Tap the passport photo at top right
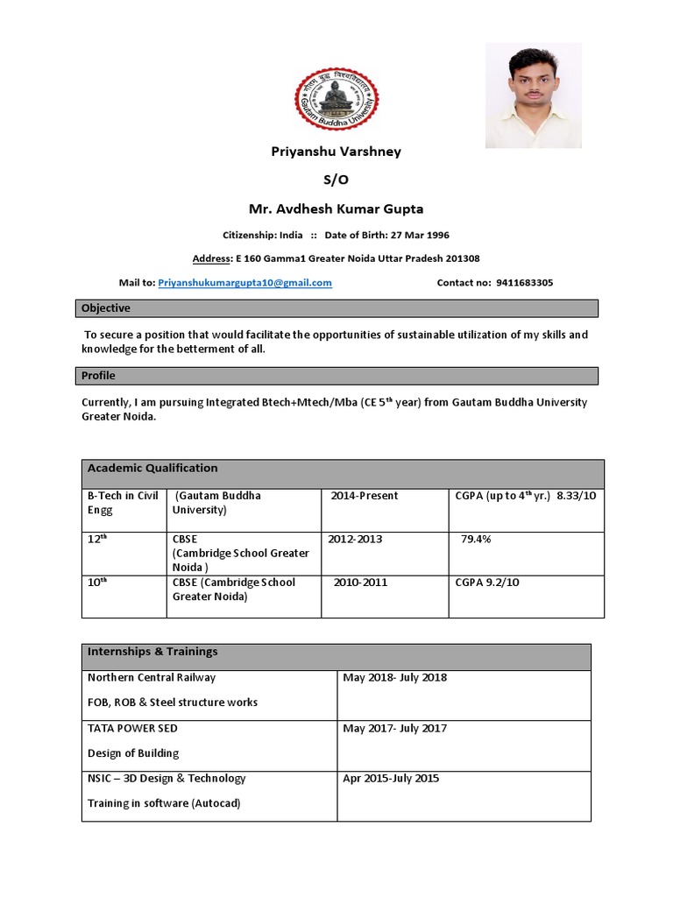pyautogui.click(x=533, y=95)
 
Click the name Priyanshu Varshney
pyautogui.click(x=335, y=152)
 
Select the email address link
pyautogui.click(x=244, y=283)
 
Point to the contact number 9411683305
pyautogui.click(x=524, y=283)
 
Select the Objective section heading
pyautogui.click(x=106, y=308)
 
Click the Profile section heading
pyautogui.click(x=98, y=376)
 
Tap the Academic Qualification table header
pyautogui.click(x=152, y=469)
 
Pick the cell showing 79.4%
pyautogui.click(x=476, y=540)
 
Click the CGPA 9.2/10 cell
pyautogui.click(x=487, y=583)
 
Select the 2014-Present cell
pyautogui.click(x=365, y=496)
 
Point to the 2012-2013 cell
pyautogui.click(x=356, y=540)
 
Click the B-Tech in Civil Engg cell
pyautogui.click(x=123, y=503)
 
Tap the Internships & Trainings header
pyautogui.click(x=152, y=652)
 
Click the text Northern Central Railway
pyautogui.click(x=152, y=677)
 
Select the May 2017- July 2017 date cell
pyautogui.click(x=394, y=728)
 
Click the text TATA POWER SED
pyautogui.click(x=132, y=728)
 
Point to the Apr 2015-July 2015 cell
pyautogui.click(x=391, y=778)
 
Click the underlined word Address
pyautogui.click(x=212, y=258)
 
